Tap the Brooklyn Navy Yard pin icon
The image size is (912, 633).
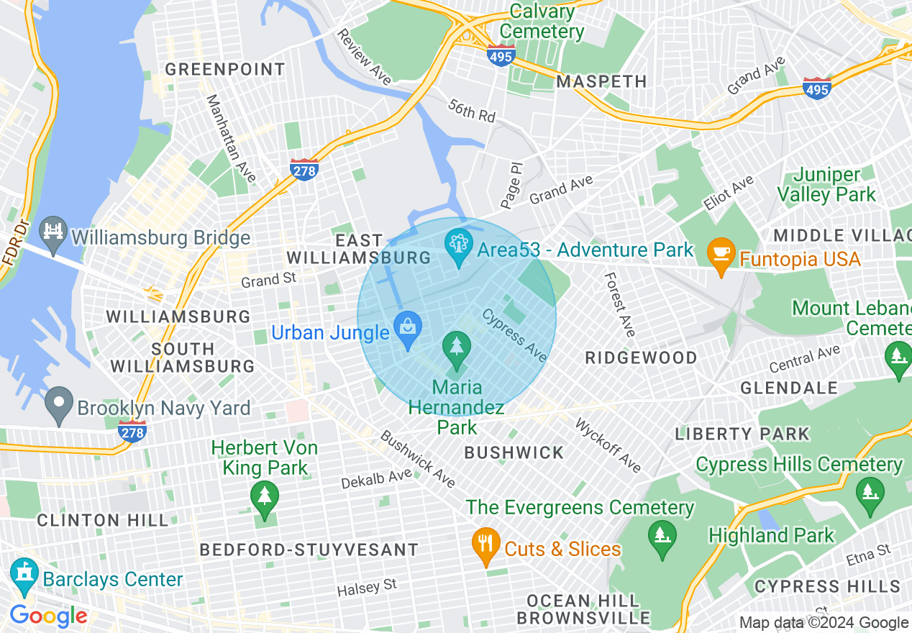[60, 406]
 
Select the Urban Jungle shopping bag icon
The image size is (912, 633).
[408, 330]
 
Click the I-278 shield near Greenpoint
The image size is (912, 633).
[304, 169]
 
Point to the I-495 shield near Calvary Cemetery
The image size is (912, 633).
[501, 55]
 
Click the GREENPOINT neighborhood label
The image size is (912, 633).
[225, 70]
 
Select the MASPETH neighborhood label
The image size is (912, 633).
[601, 81]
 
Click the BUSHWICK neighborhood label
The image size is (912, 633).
[514, 452]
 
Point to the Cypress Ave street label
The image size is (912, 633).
[515, 335]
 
